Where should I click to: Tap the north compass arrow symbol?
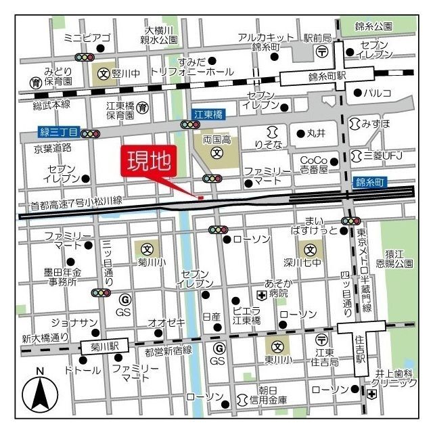point(40,394)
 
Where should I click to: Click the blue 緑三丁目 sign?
point(59,133)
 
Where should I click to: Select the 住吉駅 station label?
point(361,352)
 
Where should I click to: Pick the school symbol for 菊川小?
point(147,248)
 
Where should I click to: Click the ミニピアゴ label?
point(87,37)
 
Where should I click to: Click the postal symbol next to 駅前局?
point(323,51)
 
